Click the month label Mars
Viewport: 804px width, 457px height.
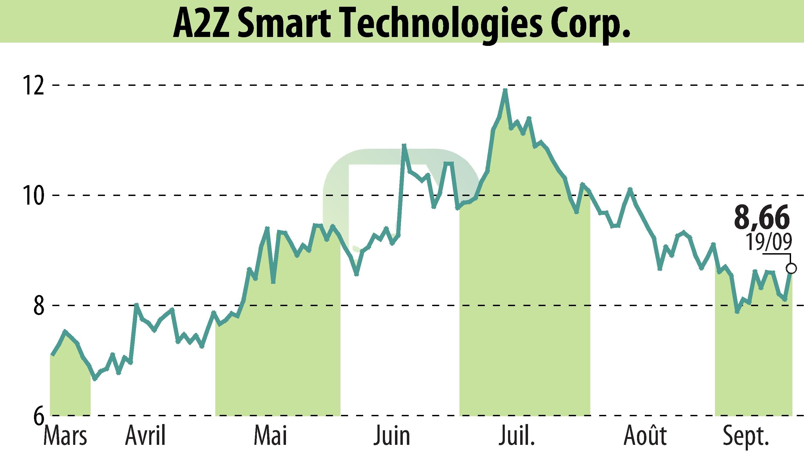65,436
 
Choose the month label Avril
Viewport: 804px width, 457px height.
145,436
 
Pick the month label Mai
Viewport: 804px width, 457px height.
270,436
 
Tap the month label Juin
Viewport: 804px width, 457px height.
391,436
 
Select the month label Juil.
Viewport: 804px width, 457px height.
516,436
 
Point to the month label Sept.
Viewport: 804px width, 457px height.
745,436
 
